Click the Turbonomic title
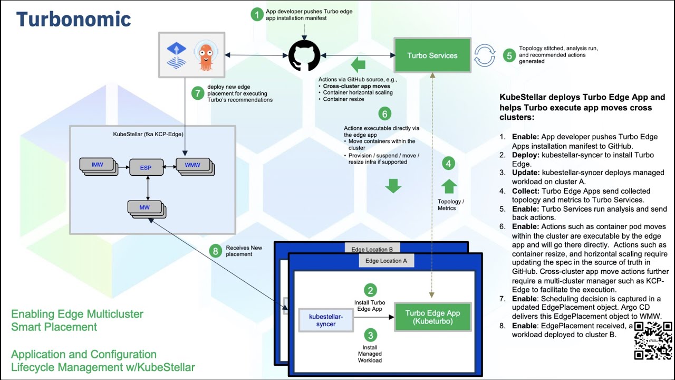point(73,20)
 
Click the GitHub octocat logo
point(304,55)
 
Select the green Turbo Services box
point(432,55)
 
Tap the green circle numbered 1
point(257,14)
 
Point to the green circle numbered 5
point(509,55)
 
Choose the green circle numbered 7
point(198,93)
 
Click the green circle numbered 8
point(215,251)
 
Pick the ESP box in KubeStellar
point(146,168)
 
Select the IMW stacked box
point(98,165)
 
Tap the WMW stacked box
point(193,166)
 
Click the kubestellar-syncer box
point(326,320)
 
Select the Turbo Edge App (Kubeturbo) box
point(432,317)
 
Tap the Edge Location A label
point(386,261)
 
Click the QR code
point(653,341)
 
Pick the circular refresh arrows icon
point(484,55)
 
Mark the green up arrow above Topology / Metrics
point(449,186)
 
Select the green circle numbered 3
point(371,335)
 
